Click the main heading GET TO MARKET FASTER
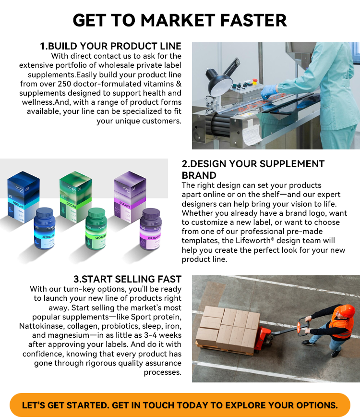[180, 21]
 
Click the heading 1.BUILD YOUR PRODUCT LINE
[110, 47]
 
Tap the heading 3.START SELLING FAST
[127, 279]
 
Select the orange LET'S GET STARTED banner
[180, 405]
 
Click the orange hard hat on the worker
[347, 310]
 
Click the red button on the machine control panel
[255, 80]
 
